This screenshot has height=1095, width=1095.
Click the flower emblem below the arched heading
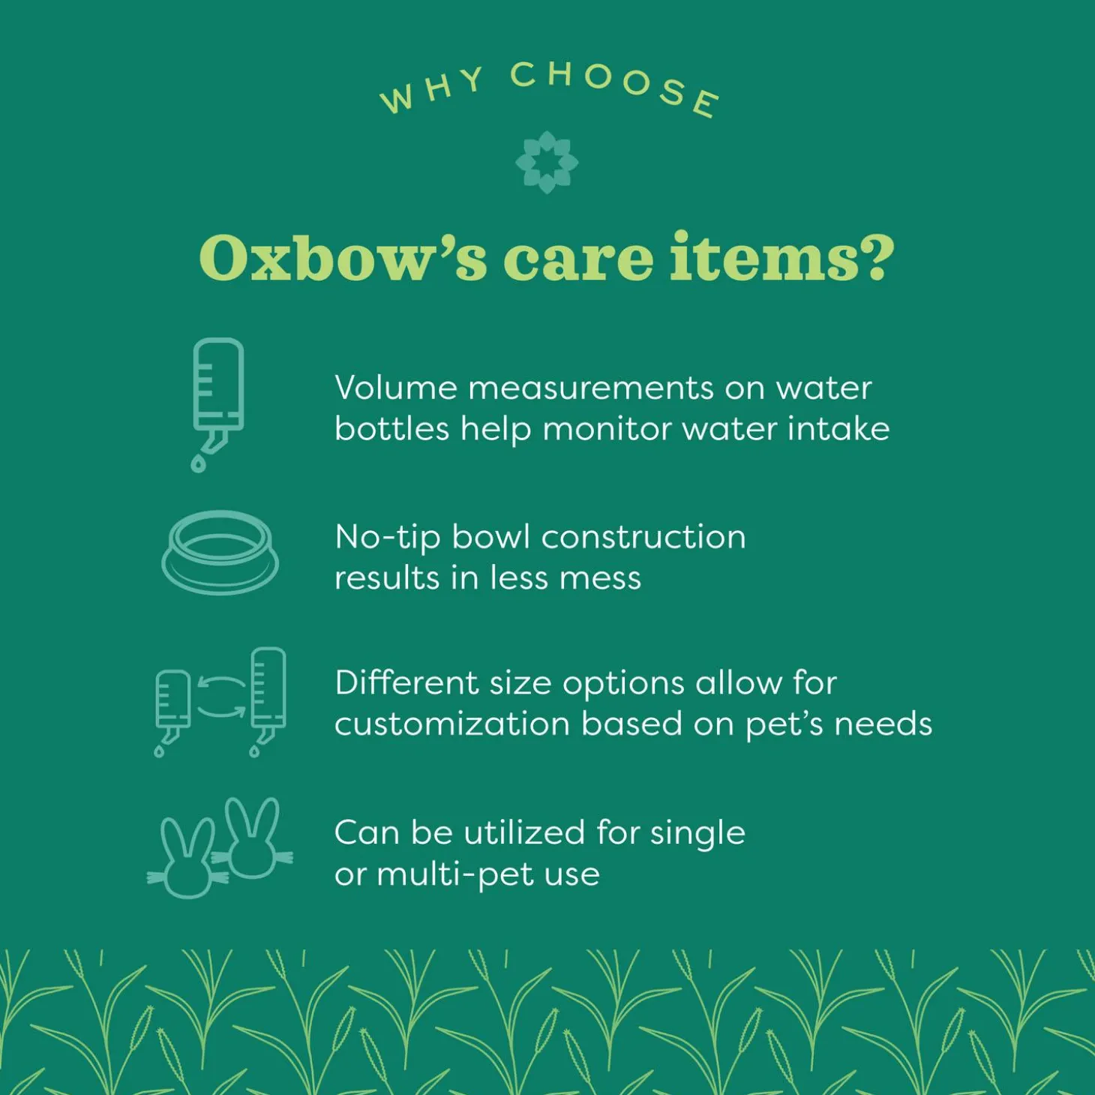(547, 163)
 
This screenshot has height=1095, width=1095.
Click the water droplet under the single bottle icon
(198, 464)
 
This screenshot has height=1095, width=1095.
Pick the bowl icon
(220, 552)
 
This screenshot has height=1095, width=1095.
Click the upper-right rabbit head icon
(252, 838)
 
